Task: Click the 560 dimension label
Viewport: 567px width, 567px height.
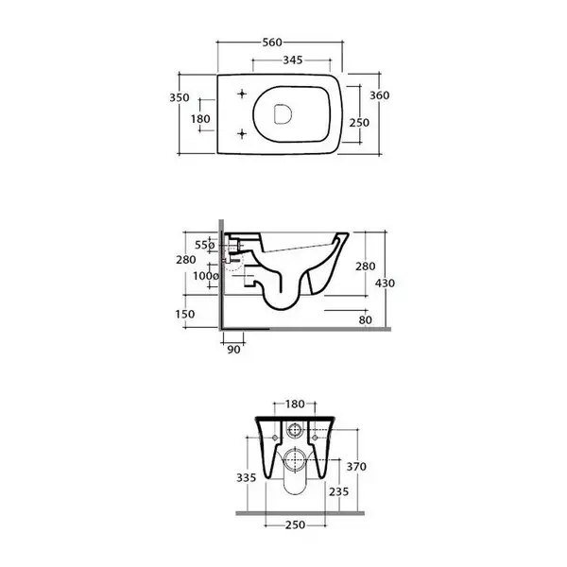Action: [x=272, y=43]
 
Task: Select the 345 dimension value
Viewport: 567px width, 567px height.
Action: [x=293, y=60]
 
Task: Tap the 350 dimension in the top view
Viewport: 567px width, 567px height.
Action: [x=180, y=97]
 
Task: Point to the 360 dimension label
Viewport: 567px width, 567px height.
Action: [x=380, y=95]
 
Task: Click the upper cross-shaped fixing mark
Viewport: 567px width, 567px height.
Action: [x=242, y=94]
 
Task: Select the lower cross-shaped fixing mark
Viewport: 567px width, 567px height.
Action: [x=242, y=134]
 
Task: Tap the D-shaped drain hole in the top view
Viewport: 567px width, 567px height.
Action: [x=283, y=114]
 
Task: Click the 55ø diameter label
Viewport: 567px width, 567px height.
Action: [x=205, y=245]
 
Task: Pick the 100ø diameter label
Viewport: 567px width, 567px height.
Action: [x=206, y=276]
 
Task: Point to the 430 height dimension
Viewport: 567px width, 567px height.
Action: [x=385, y=283]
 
